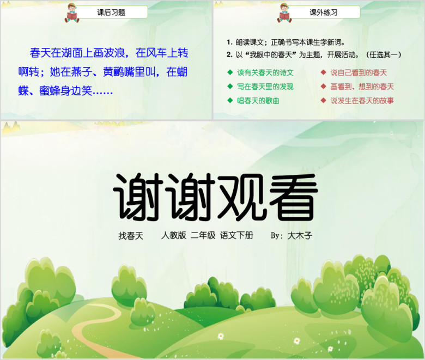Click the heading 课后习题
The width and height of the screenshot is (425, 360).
click(x=111, y=13)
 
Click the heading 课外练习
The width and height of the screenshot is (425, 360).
click(x=324, y=13)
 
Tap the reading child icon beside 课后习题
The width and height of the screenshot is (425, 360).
click(x=72, y=13)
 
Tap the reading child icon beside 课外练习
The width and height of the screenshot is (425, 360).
click(x=284, y=13)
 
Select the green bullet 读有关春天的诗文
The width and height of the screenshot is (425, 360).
click(x=265, y=72)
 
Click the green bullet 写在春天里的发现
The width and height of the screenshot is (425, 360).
click(x=265, y=87)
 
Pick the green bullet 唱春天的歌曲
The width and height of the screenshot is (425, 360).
click(x=258, y=101)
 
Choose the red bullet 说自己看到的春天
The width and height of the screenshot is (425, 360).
click(x=359, y=72)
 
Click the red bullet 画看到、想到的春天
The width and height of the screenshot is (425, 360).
click(x=362, y=87)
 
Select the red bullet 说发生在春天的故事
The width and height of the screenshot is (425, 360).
click(x=362, y=101)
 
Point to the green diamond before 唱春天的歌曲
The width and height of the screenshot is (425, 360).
click(x=230, y=101)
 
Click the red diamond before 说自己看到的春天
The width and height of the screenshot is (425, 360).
click(x=323, y=72)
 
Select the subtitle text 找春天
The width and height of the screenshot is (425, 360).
click(x=131, y=236)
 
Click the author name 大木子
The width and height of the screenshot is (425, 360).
click(x=300, y=236)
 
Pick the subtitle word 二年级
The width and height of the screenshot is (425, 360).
click(x=203, y=235)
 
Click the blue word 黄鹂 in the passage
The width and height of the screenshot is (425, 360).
click(x=113, y=72)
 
